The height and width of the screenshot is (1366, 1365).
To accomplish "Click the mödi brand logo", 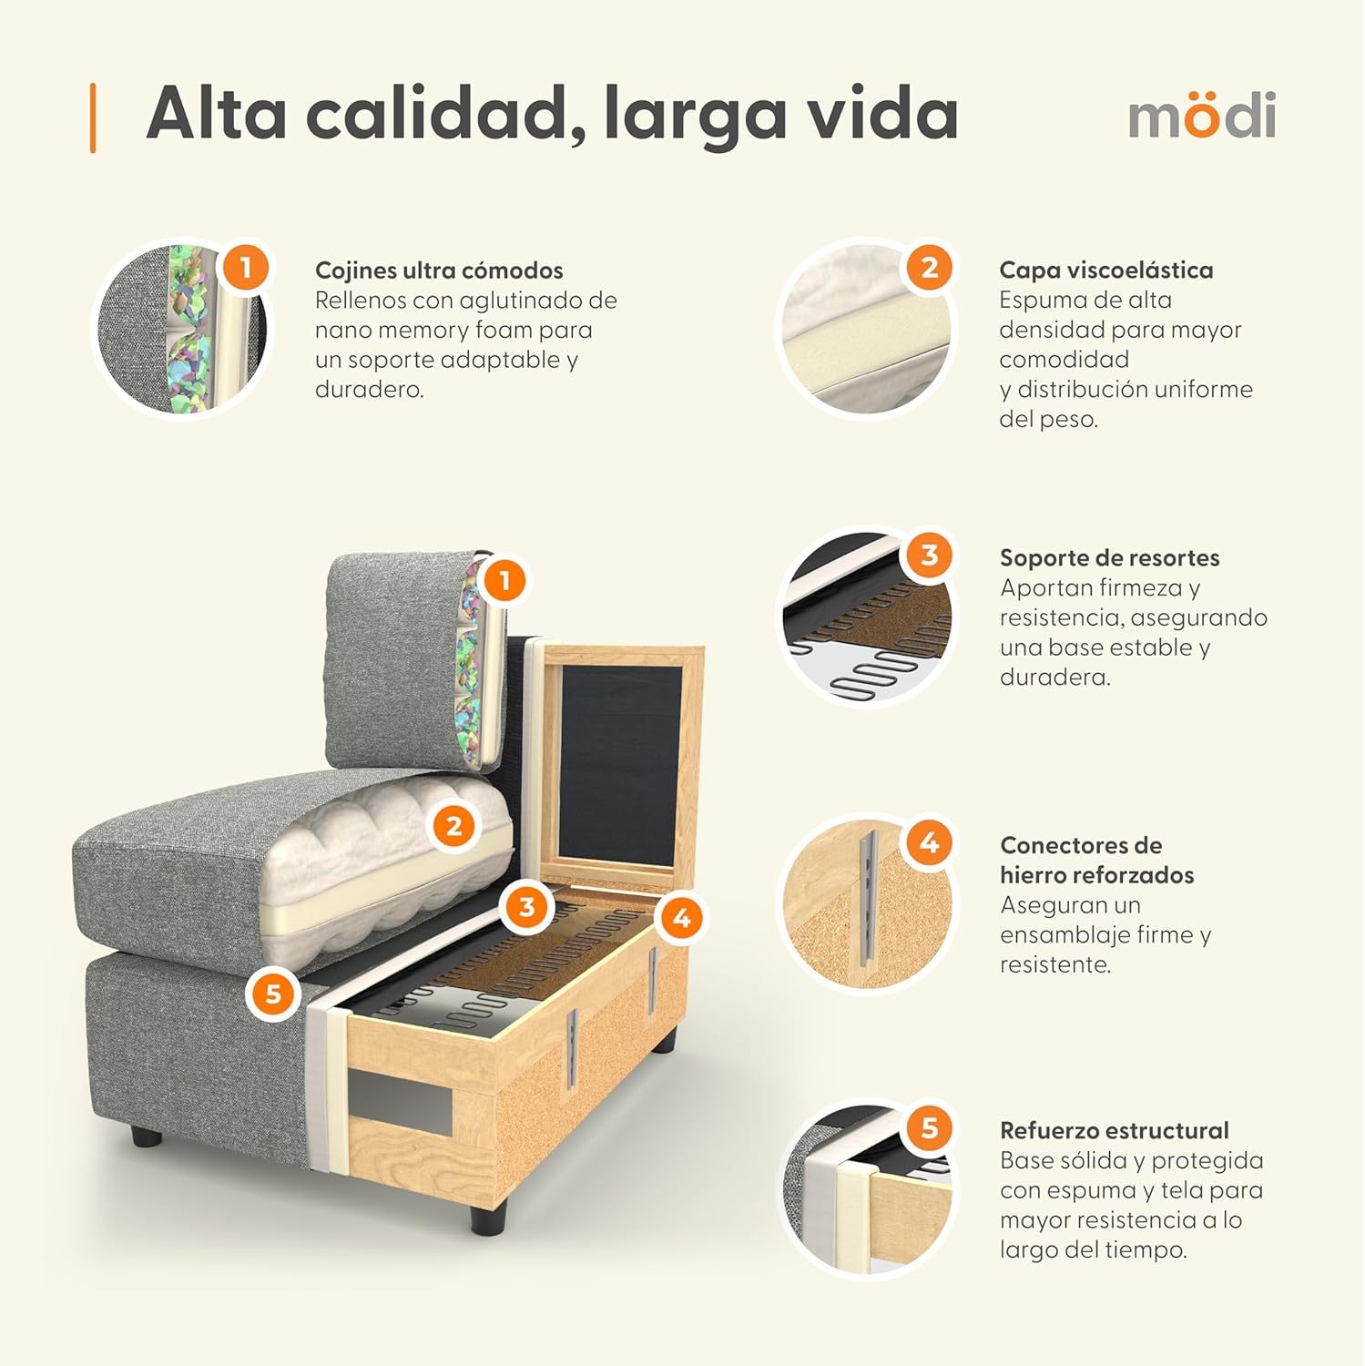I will tap(1201, 116).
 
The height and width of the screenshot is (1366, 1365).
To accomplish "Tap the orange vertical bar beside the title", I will tap(93, 117).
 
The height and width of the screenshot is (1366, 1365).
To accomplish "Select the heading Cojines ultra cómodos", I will tap(439, 270).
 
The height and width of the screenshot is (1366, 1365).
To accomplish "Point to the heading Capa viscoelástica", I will tap(1105, 270).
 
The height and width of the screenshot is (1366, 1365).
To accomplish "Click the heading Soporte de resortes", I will tap(1109, 557).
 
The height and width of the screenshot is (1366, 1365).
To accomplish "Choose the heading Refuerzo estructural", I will tap(1114, 1130).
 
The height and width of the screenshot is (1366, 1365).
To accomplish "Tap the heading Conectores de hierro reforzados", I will tap(1095, 860).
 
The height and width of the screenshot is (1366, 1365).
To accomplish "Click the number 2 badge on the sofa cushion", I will tap(453, 827).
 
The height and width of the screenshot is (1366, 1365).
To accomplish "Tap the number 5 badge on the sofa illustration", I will tap(273, 994).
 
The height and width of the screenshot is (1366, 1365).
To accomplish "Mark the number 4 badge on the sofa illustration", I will tap(681, 918).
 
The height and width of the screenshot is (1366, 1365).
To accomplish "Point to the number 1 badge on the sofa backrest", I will tap(504, 580).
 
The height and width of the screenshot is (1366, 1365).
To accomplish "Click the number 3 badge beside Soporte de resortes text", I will tap(929, 556).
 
